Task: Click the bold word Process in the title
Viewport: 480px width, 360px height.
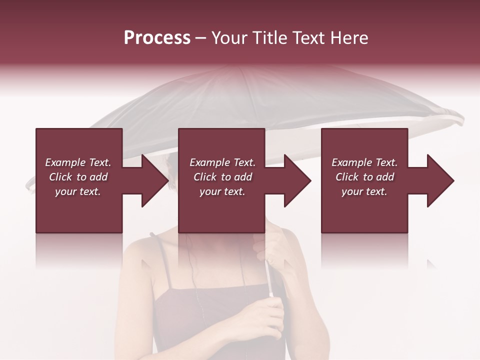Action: [157, 38]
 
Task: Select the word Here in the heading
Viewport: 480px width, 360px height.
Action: [348, 38]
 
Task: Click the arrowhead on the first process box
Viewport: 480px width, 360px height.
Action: [155, 180]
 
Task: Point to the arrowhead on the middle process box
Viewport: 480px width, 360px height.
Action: [297, 180]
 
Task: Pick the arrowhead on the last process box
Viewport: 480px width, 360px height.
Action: [440, 180]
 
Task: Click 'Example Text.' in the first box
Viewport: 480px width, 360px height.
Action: [78, 162]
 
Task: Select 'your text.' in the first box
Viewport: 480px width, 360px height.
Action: [78, 191]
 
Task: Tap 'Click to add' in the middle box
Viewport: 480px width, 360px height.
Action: [222, 177]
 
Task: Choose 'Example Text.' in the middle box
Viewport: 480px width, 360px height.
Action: [222, 162]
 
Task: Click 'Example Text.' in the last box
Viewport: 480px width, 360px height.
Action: [364, 162]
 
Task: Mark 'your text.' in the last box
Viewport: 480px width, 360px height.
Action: [364, 191]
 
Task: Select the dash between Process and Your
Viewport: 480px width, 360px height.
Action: [201, 38]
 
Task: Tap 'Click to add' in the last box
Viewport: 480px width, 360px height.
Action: [364, 177]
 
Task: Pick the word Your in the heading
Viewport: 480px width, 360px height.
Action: [229, 38]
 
